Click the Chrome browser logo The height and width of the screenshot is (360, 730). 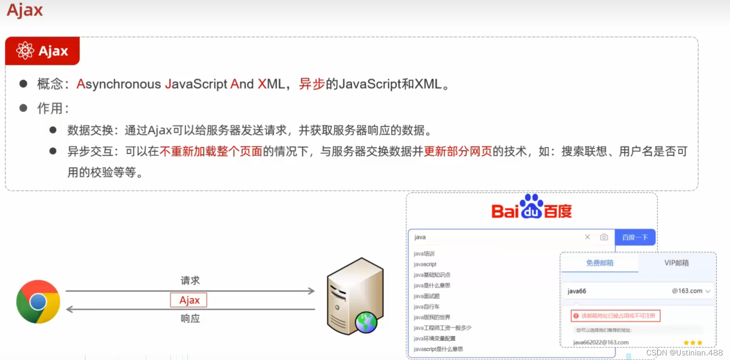coord(38,302)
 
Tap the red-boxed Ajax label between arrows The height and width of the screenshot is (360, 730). coord(188,300)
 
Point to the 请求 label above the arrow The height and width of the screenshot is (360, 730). coord(190,280)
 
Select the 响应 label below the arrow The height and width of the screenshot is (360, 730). coord(190,318)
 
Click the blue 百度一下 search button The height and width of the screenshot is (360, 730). coord(635,237)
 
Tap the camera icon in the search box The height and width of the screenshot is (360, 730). coord(604,237)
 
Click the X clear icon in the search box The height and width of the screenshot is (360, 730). coord(587,237)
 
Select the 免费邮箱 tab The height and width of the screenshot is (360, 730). coord(600,263)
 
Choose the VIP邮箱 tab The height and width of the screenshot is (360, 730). coord(676,263)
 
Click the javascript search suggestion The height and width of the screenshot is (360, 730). coord(425,264)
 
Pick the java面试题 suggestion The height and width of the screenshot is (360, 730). coord(426,296)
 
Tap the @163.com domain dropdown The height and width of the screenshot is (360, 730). coord(691,291)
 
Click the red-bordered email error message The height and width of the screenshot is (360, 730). coord(615,316)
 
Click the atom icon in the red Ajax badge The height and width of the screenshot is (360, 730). coord(25,50)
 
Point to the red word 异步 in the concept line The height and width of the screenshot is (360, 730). coord(311,84)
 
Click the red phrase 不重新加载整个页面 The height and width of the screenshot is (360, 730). coord(211,151)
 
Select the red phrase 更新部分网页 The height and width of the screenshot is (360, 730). coord(457,151)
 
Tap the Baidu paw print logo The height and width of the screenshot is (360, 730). coord(531,206)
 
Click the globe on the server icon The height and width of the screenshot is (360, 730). coord(366,322)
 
